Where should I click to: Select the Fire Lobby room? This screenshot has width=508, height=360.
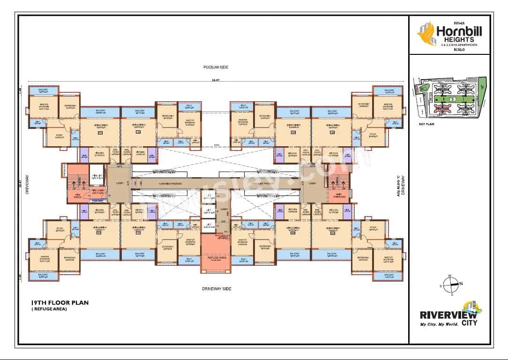[x=97, y=192]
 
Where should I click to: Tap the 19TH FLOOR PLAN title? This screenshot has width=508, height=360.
[x=59, y=303]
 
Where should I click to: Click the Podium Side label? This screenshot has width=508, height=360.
[x=216, y=67]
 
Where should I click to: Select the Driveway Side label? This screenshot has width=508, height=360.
[x=216, y=289]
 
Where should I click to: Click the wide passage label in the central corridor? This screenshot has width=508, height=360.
[x=166, y=182]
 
